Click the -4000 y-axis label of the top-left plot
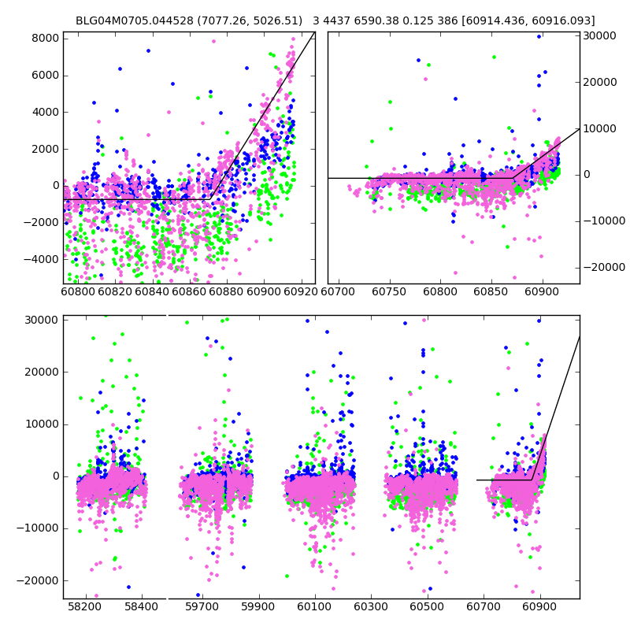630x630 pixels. tap(43, 259)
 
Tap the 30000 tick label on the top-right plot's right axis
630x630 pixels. tap(599, 35)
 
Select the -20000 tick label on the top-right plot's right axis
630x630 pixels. tap(602, 268)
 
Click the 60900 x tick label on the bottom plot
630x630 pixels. tap(542, 608)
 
